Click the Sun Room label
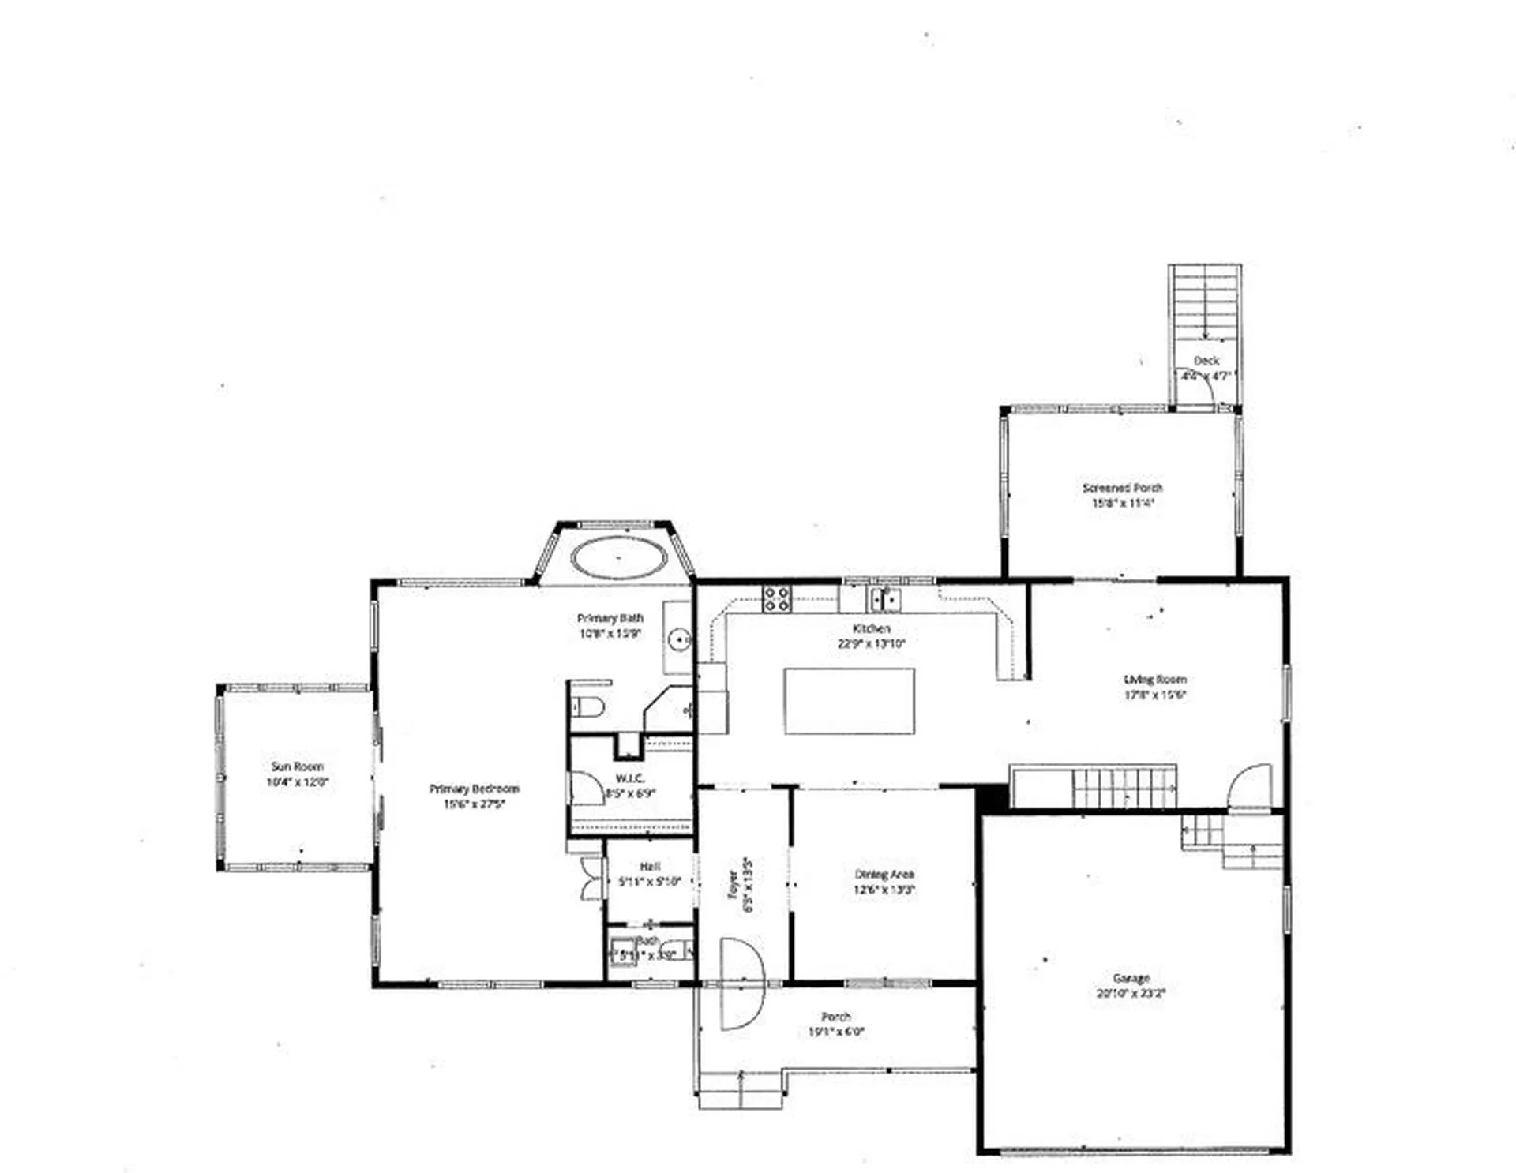click(297, 766)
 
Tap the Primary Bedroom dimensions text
click(473, 804)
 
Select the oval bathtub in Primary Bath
click(619, 557)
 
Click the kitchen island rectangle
click(849, 701)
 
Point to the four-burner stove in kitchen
click(776, 598)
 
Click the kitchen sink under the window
click(885, 599)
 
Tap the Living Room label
click(1154, 679)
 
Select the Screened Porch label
click(1122, 488)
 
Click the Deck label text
click(1206, 361)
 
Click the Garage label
click(1131, 978)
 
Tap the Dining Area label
click(884, 874)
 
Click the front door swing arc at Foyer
click(743, 984)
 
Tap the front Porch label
click(836, 1017)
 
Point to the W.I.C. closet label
click(629, 778)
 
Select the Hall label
click(650, 867)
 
